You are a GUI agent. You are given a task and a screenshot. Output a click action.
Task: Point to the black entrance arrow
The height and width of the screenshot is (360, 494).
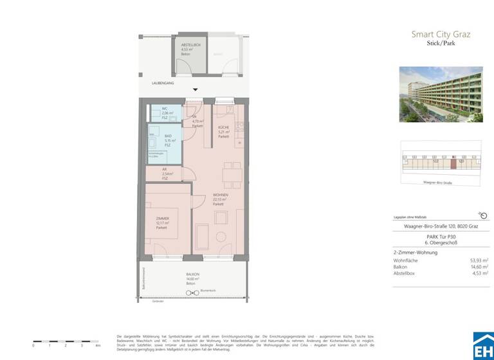(196, 91)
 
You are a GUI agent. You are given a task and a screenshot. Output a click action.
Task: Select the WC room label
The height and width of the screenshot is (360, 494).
(165, 109)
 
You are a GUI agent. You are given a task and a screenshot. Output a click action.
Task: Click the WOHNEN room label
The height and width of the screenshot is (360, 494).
(221, 196)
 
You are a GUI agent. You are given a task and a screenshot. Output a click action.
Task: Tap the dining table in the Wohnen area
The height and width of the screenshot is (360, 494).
(228, 174)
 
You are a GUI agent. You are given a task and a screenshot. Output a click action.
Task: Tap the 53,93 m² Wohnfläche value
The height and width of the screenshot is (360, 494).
(479, 260)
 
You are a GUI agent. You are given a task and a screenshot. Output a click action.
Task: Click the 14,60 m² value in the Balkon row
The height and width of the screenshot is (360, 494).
(479, 267)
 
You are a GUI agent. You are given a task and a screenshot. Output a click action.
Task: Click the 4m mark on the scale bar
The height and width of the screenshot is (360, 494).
(98, 345)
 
